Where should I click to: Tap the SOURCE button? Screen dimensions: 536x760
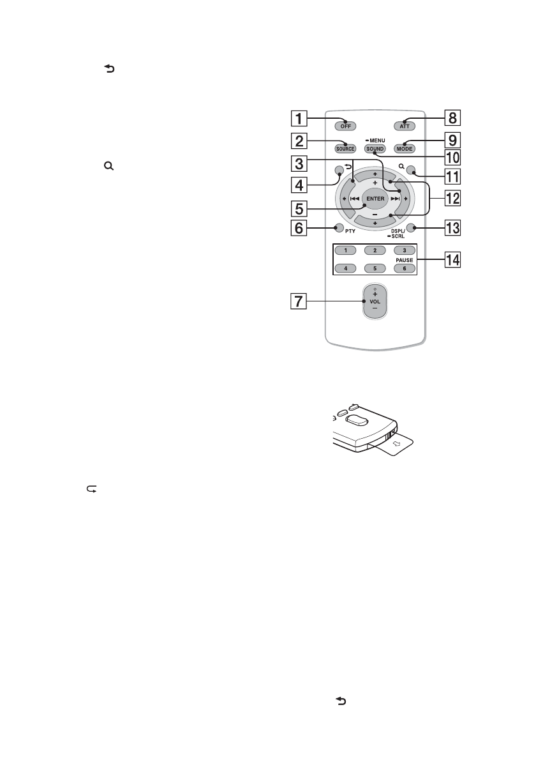click(x=346, y=149)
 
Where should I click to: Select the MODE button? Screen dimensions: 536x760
click(x=404, y=149)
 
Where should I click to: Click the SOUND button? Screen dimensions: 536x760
click(x=375, y=149)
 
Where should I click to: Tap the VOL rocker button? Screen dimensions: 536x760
click(x=375, y=301)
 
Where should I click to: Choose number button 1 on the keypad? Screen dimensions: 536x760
click(x=346, y=249)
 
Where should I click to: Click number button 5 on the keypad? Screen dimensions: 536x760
click(x=375, y=268)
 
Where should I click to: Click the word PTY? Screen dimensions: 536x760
click(x=350, y=230)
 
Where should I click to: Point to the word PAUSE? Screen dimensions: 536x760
click(x=403, y=260)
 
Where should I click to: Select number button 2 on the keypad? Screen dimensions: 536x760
click(x=375, y=249)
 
